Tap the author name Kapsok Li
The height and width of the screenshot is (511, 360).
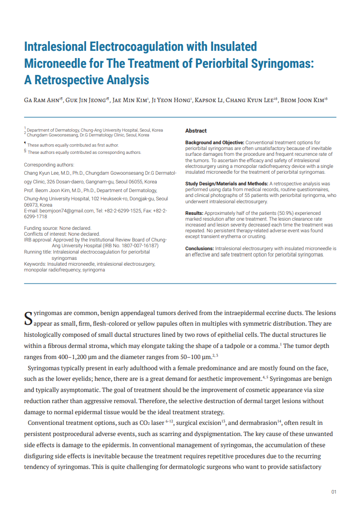210,100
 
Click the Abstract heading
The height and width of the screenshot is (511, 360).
195,131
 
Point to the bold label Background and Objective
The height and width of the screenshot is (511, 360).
215,142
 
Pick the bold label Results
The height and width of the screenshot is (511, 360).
194,213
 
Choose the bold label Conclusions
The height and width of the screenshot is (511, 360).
199,248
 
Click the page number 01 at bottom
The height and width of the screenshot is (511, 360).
333,492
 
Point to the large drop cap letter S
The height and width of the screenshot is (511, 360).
29,317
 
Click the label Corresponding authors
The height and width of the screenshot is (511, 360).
49,165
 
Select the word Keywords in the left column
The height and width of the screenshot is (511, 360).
35,264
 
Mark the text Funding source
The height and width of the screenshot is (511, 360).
40,228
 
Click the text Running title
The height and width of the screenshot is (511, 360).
37,252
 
